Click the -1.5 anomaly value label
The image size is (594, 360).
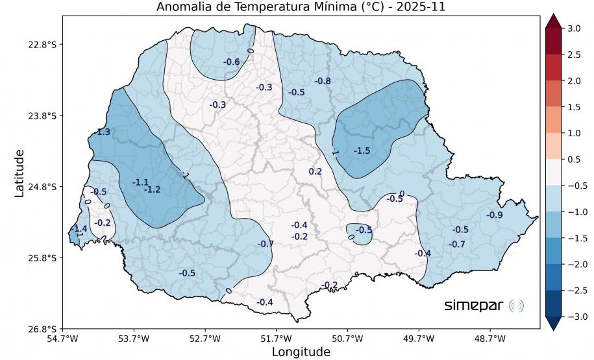(x=362, y=150)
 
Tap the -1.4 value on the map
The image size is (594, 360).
(x=80, y=229)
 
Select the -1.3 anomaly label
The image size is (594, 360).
(x=103, y=132)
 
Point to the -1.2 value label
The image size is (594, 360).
(x=152, y=189)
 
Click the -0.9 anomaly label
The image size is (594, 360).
(x=495, y=215)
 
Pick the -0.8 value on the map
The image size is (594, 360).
(x=323, y=81)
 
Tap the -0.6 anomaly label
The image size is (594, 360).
(x=232, y=62)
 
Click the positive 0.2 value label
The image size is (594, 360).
(x=316, y=172)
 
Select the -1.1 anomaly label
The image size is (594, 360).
(x=141, y=182)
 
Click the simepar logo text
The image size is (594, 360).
(x=474, y=306)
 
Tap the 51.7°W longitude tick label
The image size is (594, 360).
(x=276, y=338)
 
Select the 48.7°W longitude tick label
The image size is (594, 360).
(x=489, y=338)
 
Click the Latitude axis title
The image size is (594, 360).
(x=19, y=173)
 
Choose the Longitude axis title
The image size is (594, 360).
(x=301, y=352)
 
